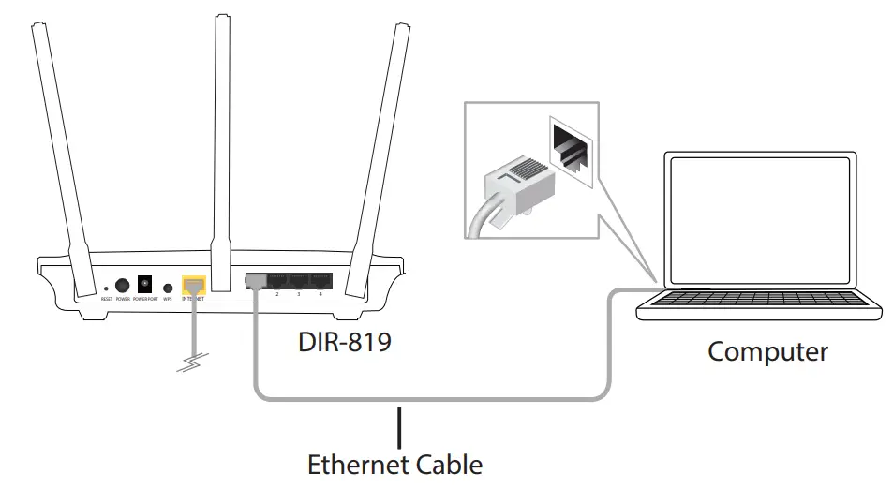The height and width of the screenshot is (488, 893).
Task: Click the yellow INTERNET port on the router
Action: tap(194, 284)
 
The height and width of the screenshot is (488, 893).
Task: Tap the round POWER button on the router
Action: tap(122, 285)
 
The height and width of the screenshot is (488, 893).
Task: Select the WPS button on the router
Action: tap(169, 288)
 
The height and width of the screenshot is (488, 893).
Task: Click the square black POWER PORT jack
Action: tap(145, 283)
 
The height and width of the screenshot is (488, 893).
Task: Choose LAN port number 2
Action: tap(277, 281)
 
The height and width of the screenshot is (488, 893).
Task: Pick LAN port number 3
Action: tap(299, 281)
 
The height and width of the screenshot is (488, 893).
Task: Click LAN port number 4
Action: tap(320, 281)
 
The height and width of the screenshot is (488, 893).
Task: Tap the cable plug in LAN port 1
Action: tap(255, 282)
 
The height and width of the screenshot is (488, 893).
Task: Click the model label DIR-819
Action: tap(343, 342)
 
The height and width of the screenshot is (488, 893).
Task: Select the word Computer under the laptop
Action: tap(767, 352)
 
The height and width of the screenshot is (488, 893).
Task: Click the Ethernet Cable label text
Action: tap(395, 465)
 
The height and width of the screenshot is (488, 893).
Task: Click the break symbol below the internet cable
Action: tap(193, 362)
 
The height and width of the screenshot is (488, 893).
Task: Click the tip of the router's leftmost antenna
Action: tap(37, 27)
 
